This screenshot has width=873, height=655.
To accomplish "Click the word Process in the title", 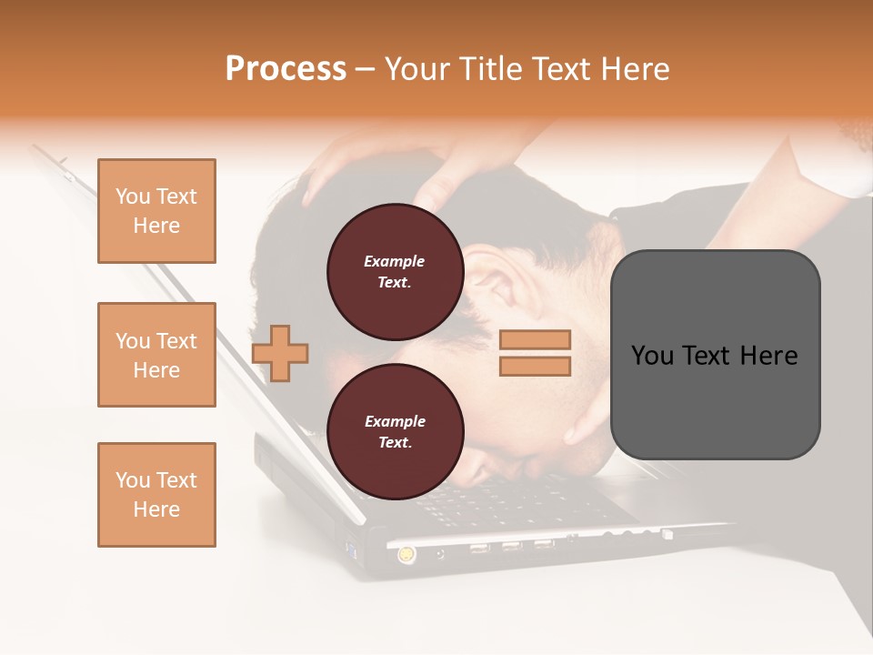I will (x=286, y=69).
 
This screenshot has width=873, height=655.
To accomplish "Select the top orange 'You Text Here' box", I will (x=156, y=211).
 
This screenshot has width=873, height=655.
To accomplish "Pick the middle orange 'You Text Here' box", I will (x=156, y=355).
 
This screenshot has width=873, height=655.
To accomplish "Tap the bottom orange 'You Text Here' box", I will (x=156, y=494).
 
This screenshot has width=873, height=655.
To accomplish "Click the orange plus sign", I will (x=280, y=351).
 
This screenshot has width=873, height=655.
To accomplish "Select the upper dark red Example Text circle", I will (x=395, y=271).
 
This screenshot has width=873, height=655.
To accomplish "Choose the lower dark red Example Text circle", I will (x=395, y=431).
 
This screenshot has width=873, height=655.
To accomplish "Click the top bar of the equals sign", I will (x=536, y=339).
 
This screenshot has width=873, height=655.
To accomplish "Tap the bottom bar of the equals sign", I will (x=536, y=367).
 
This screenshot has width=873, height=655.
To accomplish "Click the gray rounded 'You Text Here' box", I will (x=715, y=355).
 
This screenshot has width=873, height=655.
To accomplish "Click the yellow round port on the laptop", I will (x=404, y=552).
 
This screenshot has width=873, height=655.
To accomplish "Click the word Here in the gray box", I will (x=768, y=356).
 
